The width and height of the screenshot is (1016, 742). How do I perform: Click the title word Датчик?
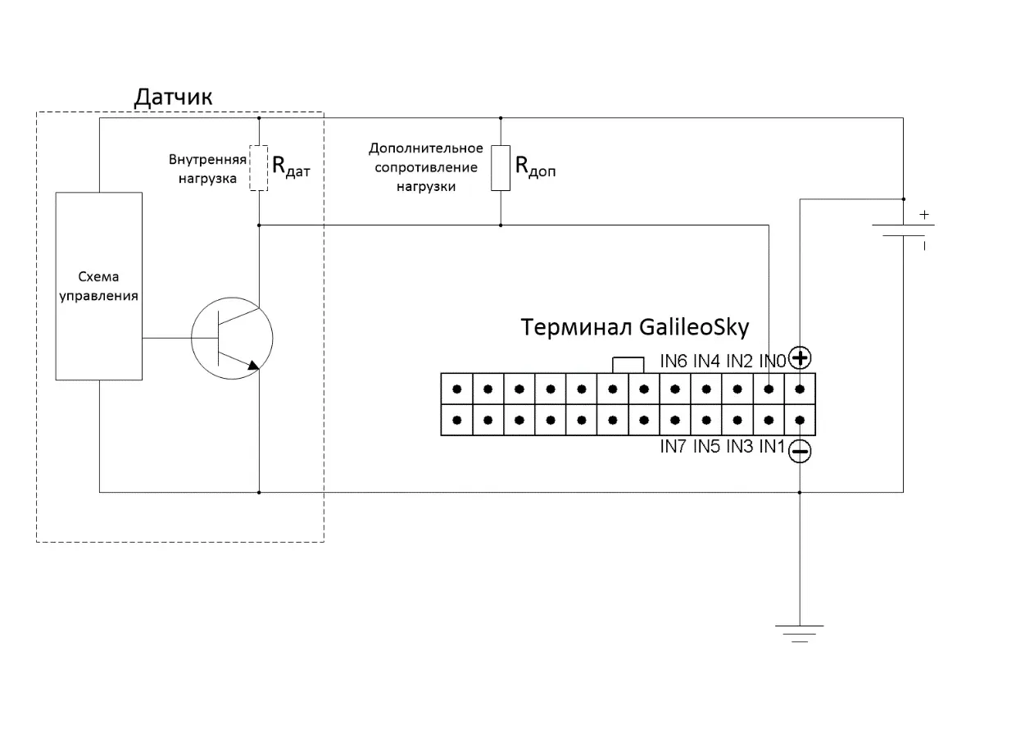[x=173, y=97]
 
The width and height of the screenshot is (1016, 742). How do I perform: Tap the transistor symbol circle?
[x=191, y=338]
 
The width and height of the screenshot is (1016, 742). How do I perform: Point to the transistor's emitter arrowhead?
[x=253, y=366]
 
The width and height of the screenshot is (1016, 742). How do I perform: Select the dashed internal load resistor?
[x=259, y=168]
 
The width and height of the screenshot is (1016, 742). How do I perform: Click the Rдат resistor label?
[x=291, y=166]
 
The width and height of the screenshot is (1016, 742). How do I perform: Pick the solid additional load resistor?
[x=501, y=168]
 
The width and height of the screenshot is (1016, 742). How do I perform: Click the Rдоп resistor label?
[x=535, y=166]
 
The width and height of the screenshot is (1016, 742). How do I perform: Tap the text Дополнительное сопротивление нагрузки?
[x=426, y=167]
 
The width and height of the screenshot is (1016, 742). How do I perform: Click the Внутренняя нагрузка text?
[x=207, y=169]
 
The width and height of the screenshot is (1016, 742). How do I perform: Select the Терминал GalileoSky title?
[x=634, y=327]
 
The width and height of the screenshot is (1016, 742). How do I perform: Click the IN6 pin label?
[x=674, y=362]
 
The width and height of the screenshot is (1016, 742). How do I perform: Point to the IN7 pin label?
[x=674, y=447]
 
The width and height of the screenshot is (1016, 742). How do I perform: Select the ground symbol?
[x=800, y=634]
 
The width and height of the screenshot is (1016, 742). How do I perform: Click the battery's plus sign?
[x=924, y=215]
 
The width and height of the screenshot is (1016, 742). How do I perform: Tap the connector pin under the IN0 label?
[x=769, y=389]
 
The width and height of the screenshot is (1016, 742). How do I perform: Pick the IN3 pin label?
[x=740, y=447]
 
